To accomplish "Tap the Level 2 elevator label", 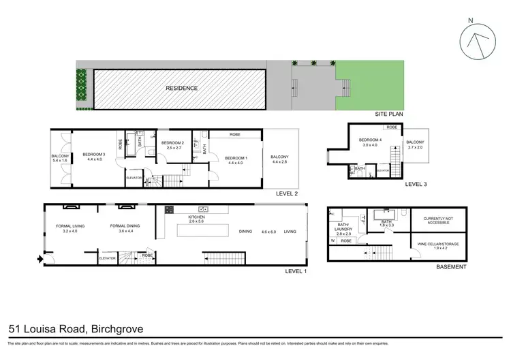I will (x=134, y=178).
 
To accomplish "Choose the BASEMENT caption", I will (x=451, y=267).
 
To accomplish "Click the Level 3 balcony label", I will (x=416, y=144).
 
